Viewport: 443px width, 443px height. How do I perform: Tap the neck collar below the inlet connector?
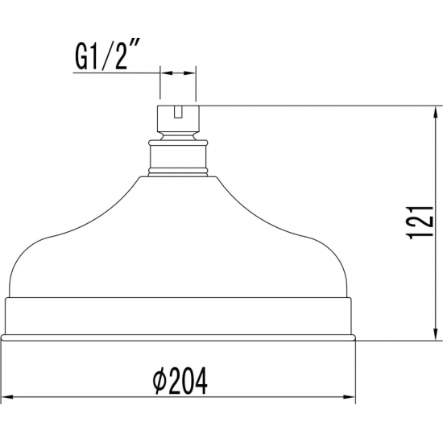coord(179,156)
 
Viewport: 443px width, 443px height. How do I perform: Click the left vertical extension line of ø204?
coord(5,371)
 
